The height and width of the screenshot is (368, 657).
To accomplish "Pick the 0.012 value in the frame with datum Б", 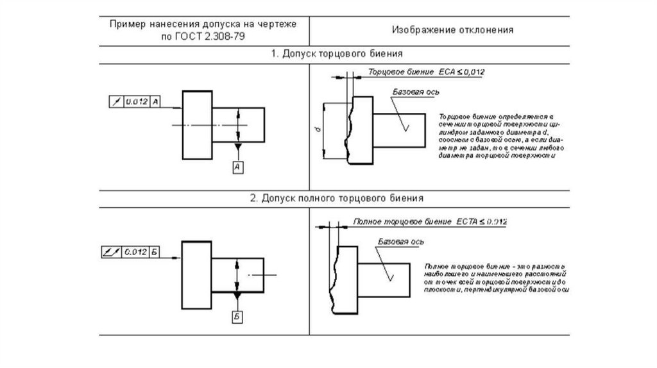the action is tap(136, 251).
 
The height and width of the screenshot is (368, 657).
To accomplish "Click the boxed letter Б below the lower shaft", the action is tap(237, 317).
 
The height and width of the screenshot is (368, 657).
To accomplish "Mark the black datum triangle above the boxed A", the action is tap(237, 148).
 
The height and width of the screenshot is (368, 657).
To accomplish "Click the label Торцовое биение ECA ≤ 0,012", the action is tap(426, 72).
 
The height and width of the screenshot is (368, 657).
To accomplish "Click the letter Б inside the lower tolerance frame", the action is tap(155, 251).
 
